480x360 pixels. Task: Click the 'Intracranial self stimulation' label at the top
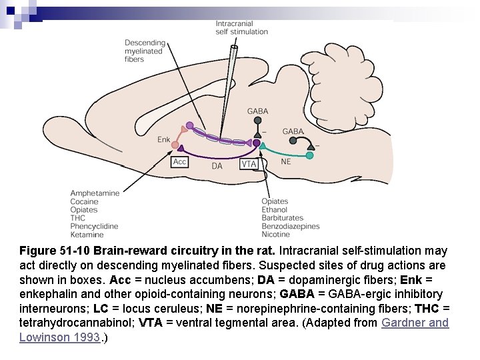(241, 27)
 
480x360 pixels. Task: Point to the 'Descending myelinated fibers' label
(145, 51)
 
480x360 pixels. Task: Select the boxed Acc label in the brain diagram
(180, 162)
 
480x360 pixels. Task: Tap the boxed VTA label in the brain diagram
(249, 164)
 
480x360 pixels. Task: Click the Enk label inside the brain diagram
(164, 139)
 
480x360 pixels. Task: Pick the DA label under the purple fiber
(217, 165)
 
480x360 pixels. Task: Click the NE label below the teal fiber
(286, 161)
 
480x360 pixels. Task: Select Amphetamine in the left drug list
(95, 193)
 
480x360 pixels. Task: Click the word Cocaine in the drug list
(84, 201)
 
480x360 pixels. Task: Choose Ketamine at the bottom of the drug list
(87, 235)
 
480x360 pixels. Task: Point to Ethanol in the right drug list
(275, 209)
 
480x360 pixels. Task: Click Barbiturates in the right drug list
(283, 218)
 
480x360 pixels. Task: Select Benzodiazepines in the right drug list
(291, 226)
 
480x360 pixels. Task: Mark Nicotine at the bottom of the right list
(276, 235)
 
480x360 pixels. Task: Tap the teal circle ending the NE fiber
(309, 155)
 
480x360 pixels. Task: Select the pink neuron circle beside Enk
(176, 144)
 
